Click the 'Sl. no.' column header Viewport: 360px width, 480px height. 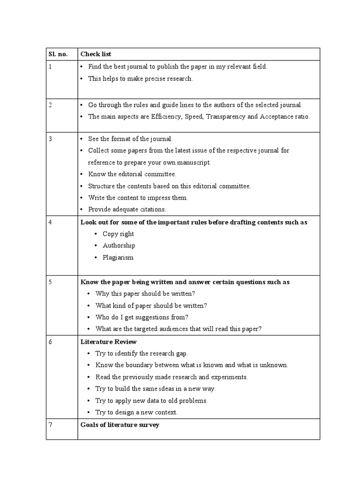(58, 54)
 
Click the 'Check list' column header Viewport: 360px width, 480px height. (96, 54)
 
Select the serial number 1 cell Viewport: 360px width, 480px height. (51, 67)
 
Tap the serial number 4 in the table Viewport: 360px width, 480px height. (51, 222)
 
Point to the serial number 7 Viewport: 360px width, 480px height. (51, 425)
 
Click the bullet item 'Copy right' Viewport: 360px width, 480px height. (118, 234)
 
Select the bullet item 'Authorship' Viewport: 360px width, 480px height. (119, 246)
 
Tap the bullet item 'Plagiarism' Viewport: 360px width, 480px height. (118, 257)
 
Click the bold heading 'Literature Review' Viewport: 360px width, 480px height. (109, 342)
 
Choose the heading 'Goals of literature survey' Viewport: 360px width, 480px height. (120, 425)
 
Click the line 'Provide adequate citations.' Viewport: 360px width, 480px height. (127, 210)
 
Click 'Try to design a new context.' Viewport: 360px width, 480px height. (136, 412)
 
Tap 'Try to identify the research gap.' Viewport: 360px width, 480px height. (142, 353)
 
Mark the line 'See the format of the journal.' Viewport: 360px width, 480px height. (130, 139)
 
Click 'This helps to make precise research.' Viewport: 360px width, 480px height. (140, 79)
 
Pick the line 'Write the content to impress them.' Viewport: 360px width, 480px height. (138, 198)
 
